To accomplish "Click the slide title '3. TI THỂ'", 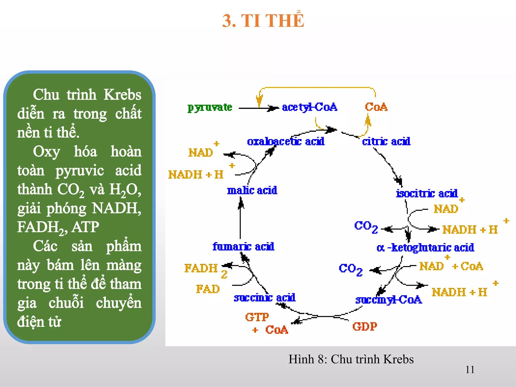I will tap(263, 21).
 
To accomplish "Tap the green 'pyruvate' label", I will tap(210, 108).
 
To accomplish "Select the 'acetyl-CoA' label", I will tap(309, 107).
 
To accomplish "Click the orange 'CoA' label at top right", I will tap(376, 107).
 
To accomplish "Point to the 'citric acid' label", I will tap(386, 141).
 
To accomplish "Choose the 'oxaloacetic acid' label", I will tap(286, 141).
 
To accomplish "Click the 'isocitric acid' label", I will tap(427, 193).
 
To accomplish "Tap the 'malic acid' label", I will tap(252, 190).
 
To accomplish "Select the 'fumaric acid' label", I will tap(243, 246).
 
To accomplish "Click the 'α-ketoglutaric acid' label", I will tap(425, 248).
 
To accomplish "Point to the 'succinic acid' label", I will tap(265, 298).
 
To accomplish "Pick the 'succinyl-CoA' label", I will tap(389, 300).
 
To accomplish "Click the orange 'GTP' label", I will tap(257, 317).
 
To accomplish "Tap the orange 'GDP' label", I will tap(365, 327).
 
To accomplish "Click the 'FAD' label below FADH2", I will tap(208, 289).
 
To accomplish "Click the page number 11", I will tap(470, 370).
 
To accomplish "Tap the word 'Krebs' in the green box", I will tap(122, 95).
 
